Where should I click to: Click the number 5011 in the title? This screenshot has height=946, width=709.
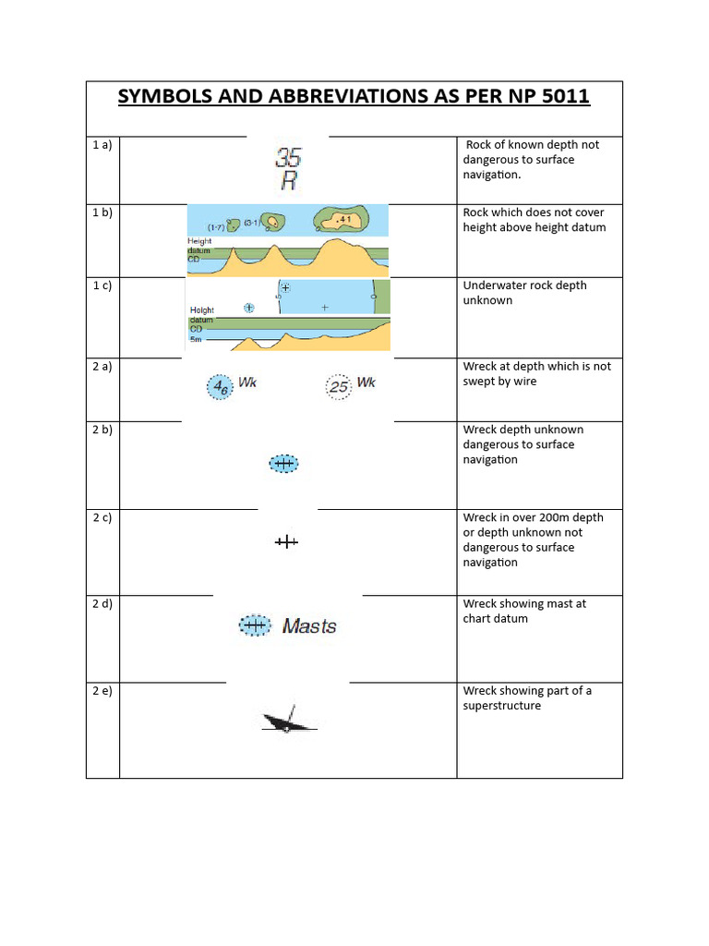556,97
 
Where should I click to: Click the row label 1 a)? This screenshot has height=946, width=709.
102,145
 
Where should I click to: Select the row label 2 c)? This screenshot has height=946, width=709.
102,517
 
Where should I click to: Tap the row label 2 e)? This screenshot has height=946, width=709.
102,691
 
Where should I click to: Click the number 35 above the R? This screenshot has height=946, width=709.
288,158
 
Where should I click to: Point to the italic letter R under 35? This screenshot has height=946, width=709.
289,181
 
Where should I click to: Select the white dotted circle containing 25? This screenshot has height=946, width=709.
340,387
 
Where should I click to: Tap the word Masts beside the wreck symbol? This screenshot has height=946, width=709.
309,626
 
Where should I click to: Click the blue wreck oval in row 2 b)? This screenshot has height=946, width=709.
283,463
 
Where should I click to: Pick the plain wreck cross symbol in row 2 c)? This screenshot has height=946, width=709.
286,542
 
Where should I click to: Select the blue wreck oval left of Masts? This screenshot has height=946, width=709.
253,625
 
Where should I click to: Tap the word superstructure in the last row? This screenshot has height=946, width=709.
502,706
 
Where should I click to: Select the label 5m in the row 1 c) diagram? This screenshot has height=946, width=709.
196,339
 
